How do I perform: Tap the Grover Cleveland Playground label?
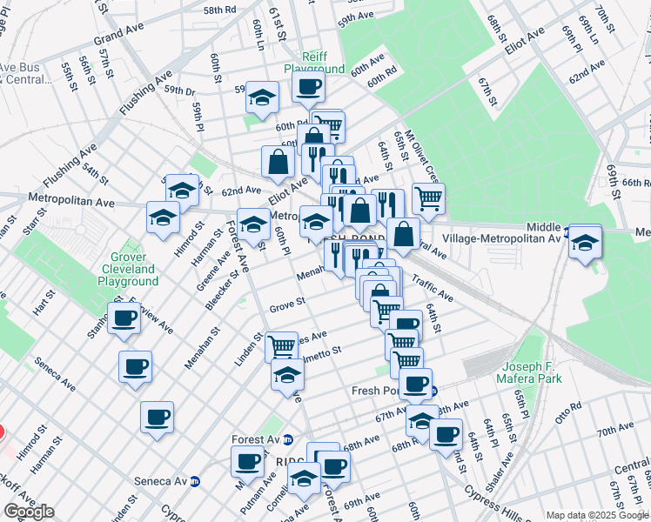pos(128,269)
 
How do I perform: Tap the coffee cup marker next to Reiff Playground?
pos(308,87)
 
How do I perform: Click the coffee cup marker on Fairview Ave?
pos(124,318)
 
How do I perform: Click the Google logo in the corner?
pos(30,512)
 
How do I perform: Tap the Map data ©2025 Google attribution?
pos(596,515)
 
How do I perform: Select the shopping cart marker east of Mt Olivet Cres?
pos(428,198)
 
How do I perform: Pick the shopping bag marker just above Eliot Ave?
pos(278,161)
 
